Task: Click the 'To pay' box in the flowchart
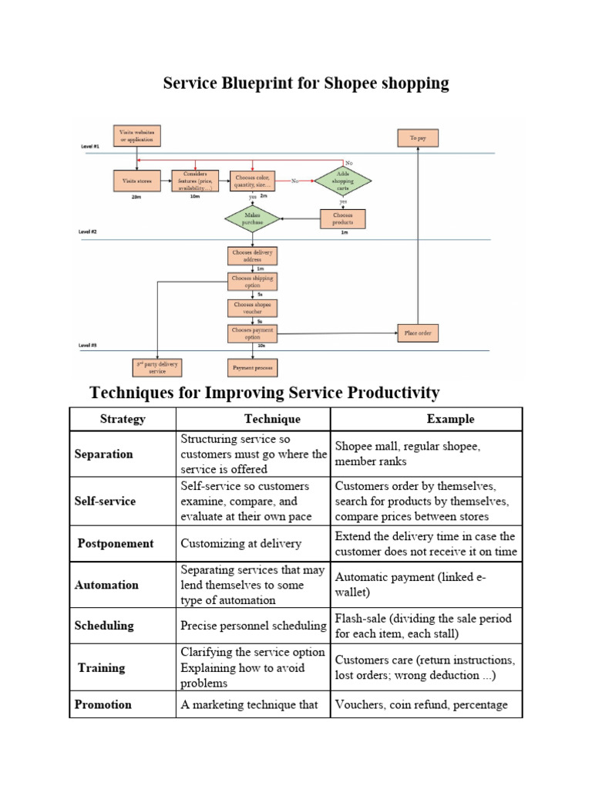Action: [x=418, y=137]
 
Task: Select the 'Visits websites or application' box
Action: [x=137, y=136]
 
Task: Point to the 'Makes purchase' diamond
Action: [x=253, y=218]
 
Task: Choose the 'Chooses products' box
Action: [x=343, y=218]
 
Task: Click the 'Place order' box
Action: [x=418, y=334]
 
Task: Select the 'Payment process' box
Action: [x=253, y=366]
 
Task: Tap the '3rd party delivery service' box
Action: [x=158, y=366]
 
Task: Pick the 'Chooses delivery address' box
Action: [x=253, y=255]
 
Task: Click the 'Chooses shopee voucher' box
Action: [x=253, y=307]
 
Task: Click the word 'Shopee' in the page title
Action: [x=346, y=83]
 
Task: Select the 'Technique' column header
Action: [x=272, y=419]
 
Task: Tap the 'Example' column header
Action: [x=450, y=419]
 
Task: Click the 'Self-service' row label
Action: [x=105, y=501]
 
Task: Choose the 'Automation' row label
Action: [x=106, y=585]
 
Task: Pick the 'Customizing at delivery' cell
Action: [x=240, y=543]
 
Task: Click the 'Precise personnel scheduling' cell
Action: [x=252, y=626]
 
